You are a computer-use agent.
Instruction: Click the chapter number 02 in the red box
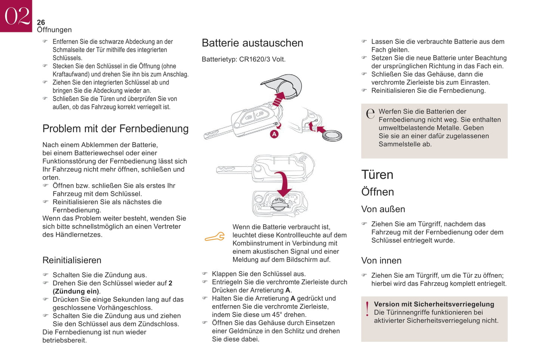click(x=16, y=16)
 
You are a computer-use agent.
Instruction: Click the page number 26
click(x=41, y=22)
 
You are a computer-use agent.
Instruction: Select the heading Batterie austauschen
click(x=252, y=43)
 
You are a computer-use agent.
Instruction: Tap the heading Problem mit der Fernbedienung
click(x=115, y=128)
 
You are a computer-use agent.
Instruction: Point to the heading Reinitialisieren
click(x=72, y=260)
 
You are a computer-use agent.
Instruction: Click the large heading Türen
click(x=377, y=175)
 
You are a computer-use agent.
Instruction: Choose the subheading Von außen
click(x=383, y=209)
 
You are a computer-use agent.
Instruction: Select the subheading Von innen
click(x=381, y=261)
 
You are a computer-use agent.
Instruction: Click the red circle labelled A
click(x=274, y=134)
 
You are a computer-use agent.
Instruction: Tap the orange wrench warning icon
click(x=215, y=237)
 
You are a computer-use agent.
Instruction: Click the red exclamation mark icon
click(x=367, y=309)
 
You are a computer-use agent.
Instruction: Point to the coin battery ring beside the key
click(x=332, y=136)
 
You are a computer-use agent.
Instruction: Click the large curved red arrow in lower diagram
click(x=285, y=184)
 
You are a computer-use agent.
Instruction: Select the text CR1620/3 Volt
click(x=262, y=59)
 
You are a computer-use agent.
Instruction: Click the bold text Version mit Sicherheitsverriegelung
click(x=434, y=304)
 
